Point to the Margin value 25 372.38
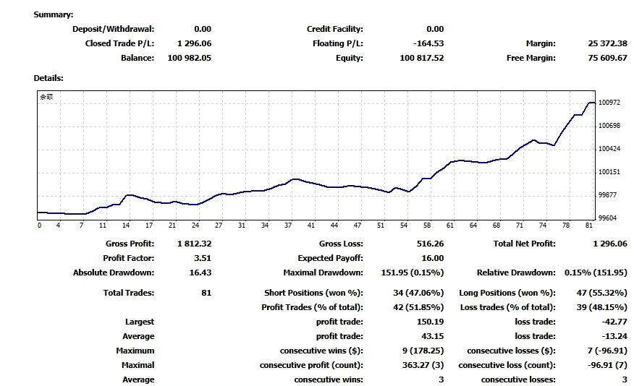pos(607,43)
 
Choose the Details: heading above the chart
pos(48,77)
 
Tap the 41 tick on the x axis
pos(311,225)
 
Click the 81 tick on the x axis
pos(589,225)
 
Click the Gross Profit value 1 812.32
pos(193,244)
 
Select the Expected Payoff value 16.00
pos(432,258)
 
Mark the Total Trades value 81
pos(206,293)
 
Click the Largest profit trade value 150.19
pos(430,322)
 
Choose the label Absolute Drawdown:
pos(113,273)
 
